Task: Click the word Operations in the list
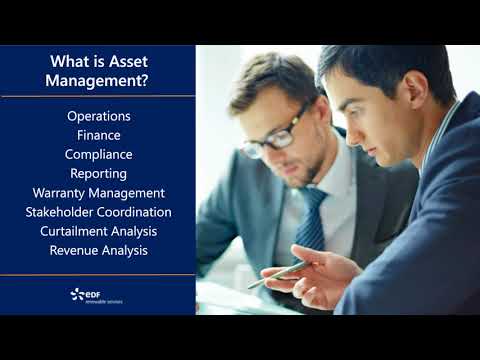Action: [x=98, y=116]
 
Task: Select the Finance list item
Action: [x=98, y=135]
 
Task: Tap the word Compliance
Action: [x=98, y=154]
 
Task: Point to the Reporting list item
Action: [x=98, y=173]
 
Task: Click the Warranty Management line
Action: [x=98, y=192]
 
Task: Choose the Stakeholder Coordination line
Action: [x=98, y=212]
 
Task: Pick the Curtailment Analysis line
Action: [x=98, y=231]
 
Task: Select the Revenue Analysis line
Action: [x=98, y=250]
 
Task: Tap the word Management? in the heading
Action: [x=98, y=82]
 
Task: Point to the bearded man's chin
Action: [x=285, y=183]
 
